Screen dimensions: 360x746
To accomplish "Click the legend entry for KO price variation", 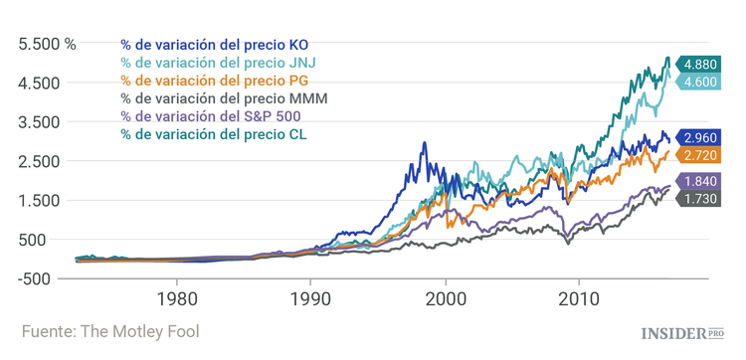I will [214, 45].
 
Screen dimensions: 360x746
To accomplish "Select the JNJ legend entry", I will [216, 63].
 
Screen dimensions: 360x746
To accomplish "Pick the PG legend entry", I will [214, 81].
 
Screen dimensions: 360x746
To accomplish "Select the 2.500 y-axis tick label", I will [39, 161].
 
